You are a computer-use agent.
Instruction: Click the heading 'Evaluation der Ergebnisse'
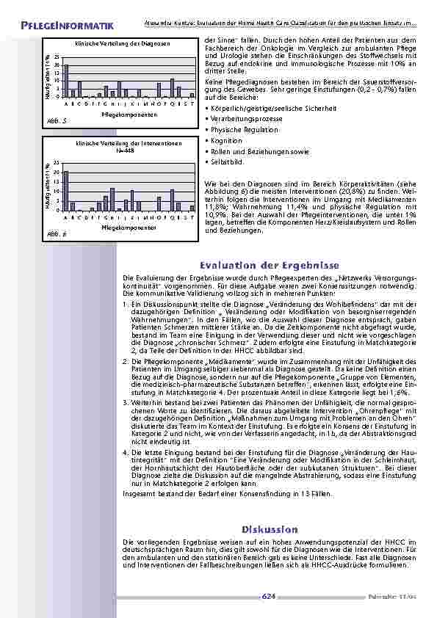[x=269, y=265]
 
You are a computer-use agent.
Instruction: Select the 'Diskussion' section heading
[x=268, y=528]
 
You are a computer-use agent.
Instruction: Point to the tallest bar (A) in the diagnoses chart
[x=65, y=81]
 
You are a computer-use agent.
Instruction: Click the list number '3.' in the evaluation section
[x=125, y=403]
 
